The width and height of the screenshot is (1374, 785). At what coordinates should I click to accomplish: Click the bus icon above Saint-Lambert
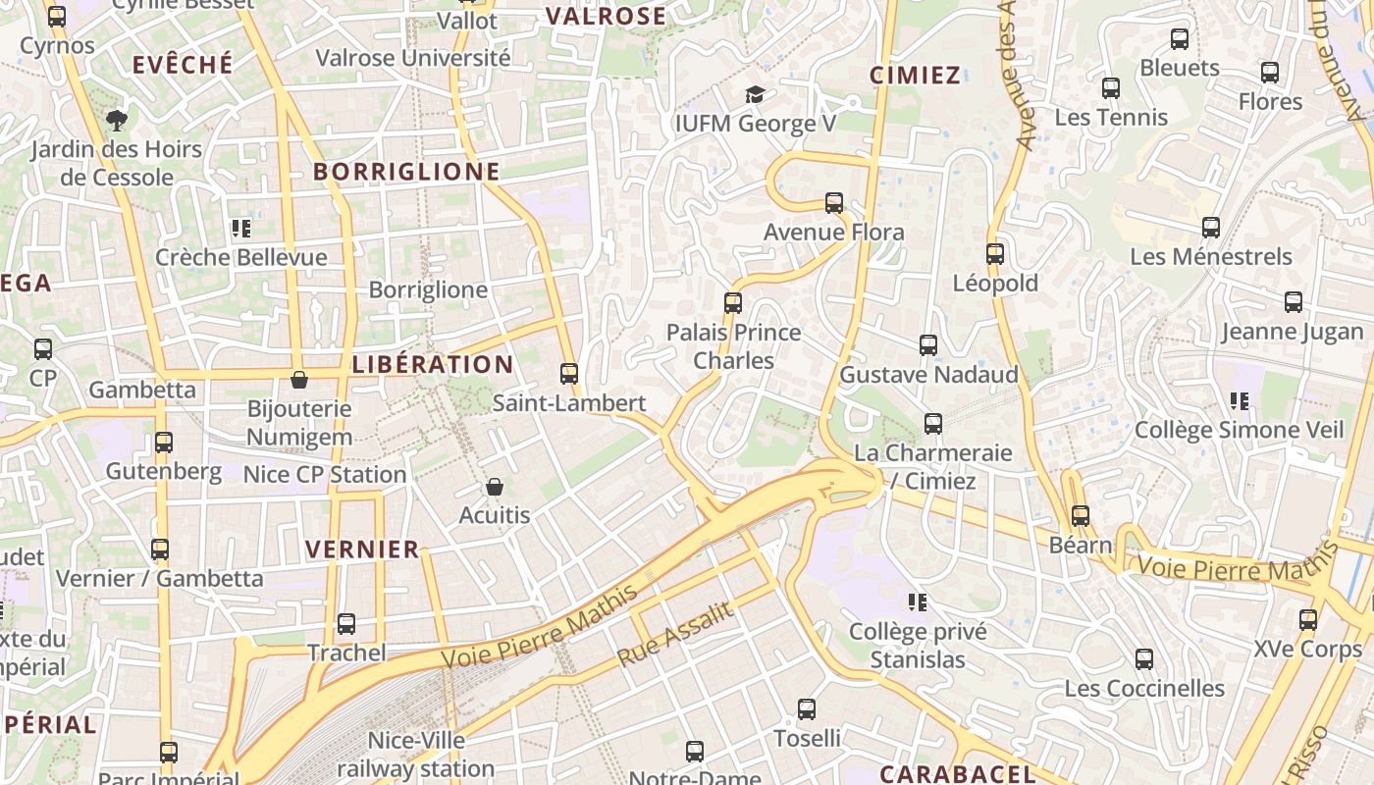click(x=568, y=373)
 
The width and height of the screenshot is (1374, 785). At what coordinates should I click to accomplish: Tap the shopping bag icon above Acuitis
click(x=495, y=487)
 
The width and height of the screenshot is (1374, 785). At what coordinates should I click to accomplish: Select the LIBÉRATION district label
click(x=433, y=364)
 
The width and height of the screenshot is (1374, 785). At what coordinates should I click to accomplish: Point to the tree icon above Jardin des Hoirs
click(x=117, y=121)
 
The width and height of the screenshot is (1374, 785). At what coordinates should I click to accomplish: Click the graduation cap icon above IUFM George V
click(x=754, y=94)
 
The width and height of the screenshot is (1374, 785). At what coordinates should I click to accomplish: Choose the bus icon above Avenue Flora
click(x=834, y=203)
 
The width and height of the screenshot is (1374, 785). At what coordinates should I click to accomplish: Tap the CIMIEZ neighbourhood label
click(x=915, y=76)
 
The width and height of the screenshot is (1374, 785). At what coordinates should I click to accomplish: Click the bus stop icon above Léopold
click(x=995, y=254)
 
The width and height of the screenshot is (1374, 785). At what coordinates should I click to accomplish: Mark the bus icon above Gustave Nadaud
click(x=928, y=345)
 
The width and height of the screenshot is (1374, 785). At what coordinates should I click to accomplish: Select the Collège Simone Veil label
click(x=1239, y=430)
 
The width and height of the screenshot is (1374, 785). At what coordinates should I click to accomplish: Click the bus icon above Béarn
click(x=1081, y=515)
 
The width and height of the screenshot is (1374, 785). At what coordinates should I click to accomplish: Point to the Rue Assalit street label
click(x=675, y=635)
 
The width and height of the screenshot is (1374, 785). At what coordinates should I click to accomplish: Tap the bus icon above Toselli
click(x=807, y=708)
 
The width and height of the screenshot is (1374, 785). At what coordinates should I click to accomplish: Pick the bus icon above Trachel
click(x=346, y=623)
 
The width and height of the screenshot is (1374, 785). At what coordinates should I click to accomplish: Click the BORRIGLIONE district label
click(x=406, y=172)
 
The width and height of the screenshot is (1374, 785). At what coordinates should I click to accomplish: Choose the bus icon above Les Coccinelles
click(x=1144, y=659)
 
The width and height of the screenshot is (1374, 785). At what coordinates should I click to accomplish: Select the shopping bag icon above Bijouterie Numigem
click(x=299, y=380)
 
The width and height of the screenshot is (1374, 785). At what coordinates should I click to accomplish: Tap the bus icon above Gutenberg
click(x=164, y=442)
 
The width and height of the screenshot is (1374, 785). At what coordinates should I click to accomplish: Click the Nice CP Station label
click(x=325, y=475)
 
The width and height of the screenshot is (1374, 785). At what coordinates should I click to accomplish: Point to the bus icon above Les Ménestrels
click(x=1211, y=228)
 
